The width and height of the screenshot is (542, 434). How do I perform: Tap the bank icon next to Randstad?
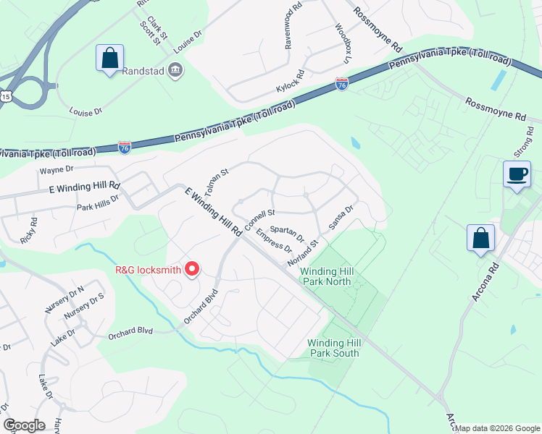click(x=175, y=70)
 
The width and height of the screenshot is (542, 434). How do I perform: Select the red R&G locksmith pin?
click(x=192, y=269)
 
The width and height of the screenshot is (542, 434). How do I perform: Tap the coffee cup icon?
click(x=517, y=175)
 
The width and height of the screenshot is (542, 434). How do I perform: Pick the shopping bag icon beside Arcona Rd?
click(x=480, y=239)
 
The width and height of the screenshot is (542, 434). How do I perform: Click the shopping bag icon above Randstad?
click(x=109, y=59)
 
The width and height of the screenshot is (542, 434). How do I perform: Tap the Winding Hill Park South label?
click(x=333, y=348)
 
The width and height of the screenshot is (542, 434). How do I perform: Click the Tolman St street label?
click(x=217, y=184)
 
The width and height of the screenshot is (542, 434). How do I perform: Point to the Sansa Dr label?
click(x=341, y=217)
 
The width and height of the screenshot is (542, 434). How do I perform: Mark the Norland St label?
click(x=303, y=252)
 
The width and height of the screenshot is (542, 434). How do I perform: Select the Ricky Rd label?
click(x=30, y=231)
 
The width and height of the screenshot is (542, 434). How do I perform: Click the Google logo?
click(x=24, y=425)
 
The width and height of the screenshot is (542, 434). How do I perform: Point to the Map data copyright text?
click(x=497, y=428)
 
